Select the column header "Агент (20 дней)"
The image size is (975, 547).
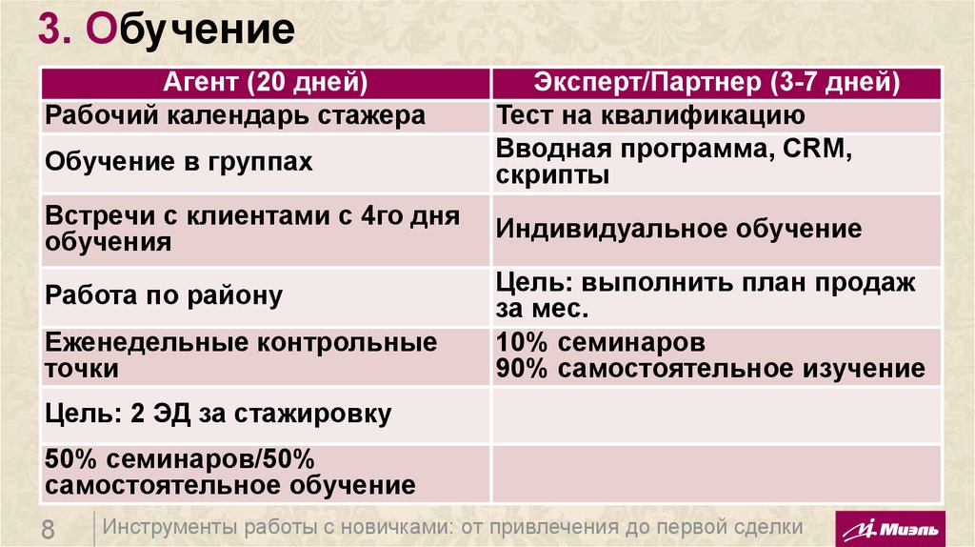point(267,83)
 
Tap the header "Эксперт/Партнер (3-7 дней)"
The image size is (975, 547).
point(718,83)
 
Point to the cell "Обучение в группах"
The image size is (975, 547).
point(179,161)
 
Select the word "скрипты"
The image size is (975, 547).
point(552,175)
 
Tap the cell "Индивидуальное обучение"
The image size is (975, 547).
point(679,229)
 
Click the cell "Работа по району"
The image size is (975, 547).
point(164,295)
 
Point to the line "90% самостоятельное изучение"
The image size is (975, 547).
point(710,369)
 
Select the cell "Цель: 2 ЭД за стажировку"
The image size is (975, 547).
point(218,415)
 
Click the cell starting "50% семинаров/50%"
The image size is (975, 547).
point(229,472)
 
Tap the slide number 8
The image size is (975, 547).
point(49,529)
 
